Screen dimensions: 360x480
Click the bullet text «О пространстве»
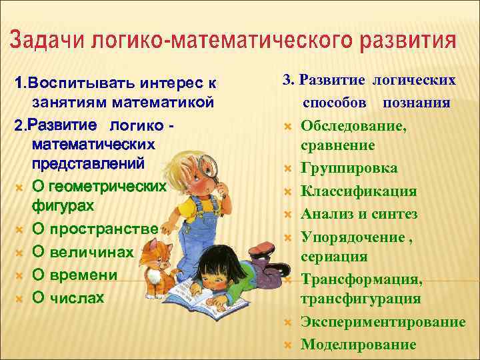pyautogui.click(x=95, y=229)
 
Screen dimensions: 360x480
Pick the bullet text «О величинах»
pyautogui.click(x=83, y=253)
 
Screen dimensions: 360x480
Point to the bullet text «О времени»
pyautogui.click(x=75, y=275)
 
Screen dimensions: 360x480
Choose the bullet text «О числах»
pyautogui.click(x=68, y=298)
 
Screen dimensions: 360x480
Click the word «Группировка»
pyautogui.click(x=349, y=168)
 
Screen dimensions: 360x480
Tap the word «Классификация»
pyautogui.click(x=359, y=191)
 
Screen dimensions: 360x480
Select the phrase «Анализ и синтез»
pyautogui.click(x=359, y=214)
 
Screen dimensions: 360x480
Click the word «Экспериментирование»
pyautogui.click(x=383, y=322)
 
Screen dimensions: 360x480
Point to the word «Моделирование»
pyautogui.click(x=359, y=344)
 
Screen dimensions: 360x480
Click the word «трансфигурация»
pyautogui.click(x=361, y=299)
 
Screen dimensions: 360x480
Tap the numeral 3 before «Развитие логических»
pyautogui.click(x=287, y=80)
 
